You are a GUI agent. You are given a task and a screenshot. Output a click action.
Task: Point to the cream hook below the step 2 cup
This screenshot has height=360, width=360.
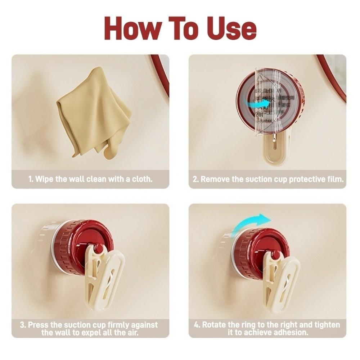tap(275, 151)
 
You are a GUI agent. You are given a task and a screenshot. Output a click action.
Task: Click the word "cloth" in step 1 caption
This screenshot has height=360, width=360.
tap(142, 179)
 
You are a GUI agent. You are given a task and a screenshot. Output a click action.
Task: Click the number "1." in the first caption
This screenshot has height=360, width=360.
tap(31, 179)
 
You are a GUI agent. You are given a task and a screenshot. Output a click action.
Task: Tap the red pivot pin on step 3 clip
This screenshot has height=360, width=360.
tap(98, 248)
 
